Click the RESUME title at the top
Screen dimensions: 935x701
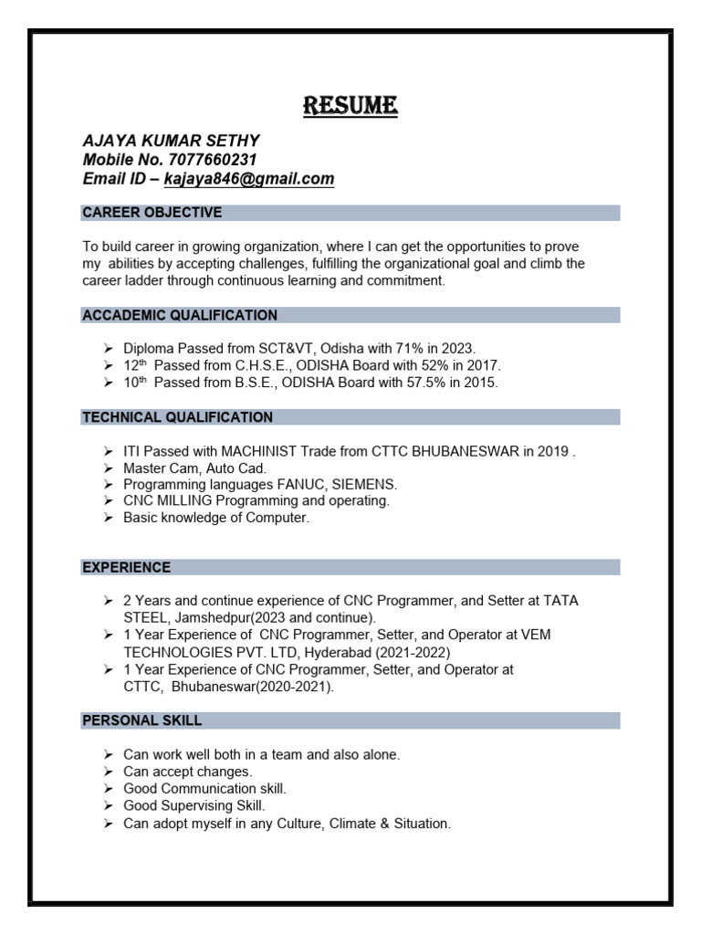point(350,107)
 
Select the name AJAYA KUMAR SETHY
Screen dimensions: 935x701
point(171,141)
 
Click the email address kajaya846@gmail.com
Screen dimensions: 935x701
point(249,179)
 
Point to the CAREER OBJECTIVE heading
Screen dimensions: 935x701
point(152,213)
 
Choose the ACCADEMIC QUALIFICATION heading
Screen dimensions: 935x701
point(180,315)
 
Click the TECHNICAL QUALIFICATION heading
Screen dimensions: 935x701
point(177,417)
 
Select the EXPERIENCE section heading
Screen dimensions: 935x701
point(126,567)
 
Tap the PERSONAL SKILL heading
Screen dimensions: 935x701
point(141,720)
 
